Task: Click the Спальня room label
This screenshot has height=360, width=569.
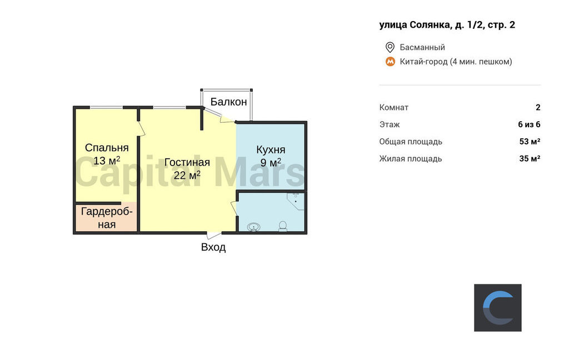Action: coord(107,148)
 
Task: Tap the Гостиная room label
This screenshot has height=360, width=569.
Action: coord(187,162)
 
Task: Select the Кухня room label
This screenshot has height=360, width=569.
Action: coord(271,149)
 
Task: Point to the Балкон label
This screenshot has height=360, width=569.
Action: coord(228,102)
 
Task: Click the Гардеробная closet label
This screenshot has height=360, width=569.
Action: coord(107,218)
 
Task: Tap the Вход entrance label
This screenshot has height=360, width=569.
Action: coord(213,247)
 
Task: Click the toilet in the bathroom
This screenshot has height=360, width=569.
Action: coord(283,227)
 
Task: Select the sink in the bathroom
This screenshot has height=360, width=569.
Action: coord(253,228)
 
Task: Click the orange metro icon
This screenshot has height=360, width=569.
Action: coord(390,62)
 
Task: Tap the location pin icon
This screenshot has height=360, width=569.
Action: coord(390,47)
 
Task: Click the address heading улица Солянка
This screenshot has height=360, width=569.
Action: coord(447,24)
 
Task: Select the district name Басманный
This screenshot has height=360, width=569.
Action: coord(422,47)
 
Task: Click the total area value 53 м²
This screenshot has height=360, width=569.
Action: coord(530,142)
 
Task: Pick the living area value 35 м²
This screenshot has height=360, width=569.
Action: coord(530,158)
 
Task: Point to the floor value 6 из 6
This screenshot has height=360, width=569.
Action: coord(530,124)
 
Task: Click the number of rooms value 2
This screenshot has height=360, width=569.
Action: coord(538,107)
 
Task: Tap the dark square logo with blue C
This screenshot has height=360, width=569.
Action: coord(498,308)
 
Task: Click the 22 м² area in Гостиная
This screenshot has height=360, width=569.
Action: coord(187,176)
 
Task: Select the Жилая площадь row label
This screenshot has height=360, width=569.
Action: coord(411,158)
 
